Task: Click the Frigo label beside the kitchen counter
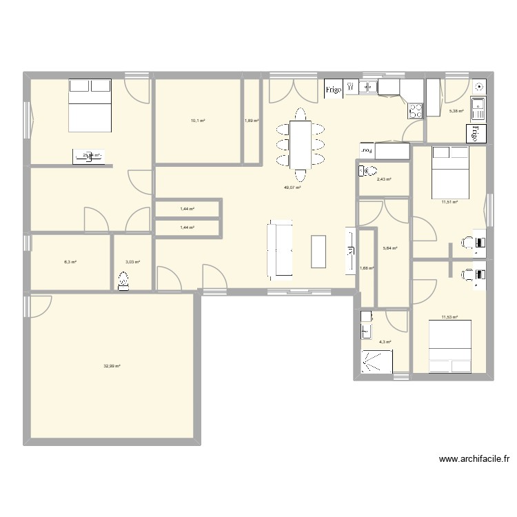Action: (334, 88)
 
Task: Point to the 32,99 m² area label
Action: (112, 366)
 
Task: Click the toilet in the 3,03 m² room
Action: (124, 281)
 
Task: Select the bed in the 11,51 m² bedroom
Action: (448, 170)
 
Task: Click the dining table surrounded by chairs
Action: (300, 143)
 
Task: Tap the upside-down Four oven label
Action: (368, 150)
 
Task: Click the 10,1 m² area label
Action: (199, 121)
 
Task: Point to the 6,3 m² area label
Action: (70, 262)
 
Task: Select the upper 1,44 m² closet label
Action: (187, 208)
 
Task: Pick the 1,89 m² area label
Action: (252, 121)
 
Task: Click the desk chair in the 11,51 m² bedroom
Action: (467, 242)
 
